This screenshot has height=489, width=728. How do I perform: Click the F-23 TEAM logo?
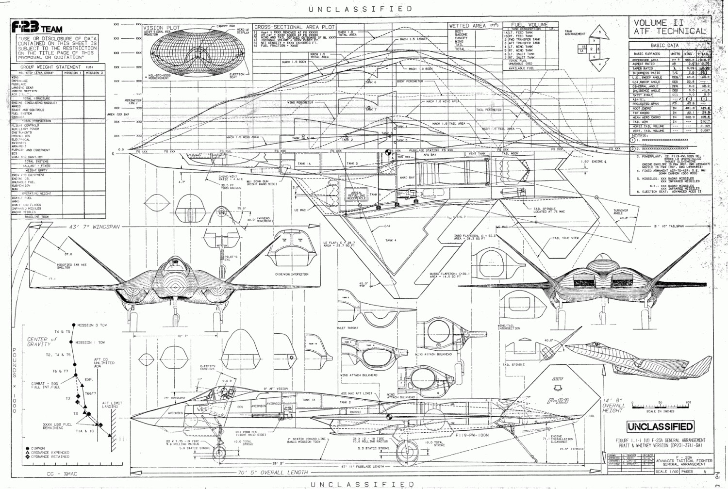(x=37, y=28)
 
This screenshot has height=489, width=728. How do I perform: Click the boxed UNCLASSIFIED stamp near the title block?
(x=660, y=427)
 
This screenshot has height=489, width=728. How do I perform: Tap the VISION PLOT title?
(x=162, y=28)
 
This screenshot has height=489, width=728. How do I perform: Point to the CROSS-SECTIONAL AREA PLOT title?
(x=295, y=27)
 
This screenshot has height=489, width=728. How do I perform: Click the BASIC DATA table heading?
(x=664, y=45)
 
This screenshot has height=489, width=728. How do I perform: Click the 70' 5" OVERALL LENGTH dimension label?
(x=272, y=472)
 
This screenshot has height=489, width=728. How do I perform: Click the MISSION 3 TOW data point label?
(x=92, y=325)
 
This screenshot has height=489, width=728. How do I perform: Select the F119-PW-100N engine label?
(x=472, y=435)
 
